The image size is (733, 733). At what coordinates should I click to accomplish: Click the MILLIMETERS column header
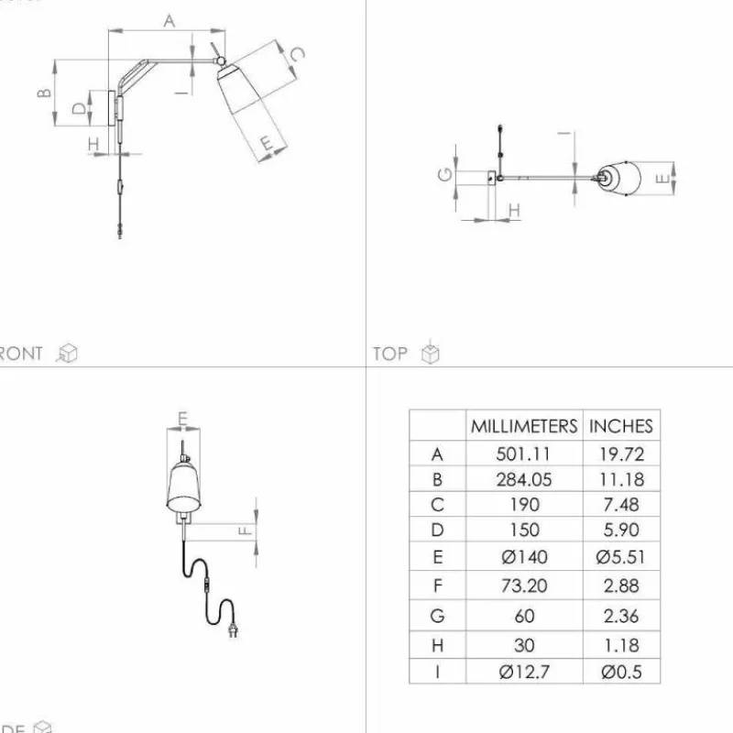[x=524, y=426]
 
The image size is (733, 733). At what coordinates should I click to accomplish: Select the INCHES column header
[x=620, y=426]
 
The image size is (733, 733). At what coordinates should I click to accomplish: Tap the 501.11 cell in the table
[x=524, y=454]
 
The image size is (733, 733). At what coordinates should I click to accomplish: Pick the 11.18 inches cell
[x=620, y=479]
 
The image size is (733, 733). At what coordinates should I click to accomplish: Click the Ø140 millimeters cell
[x=524, y=556]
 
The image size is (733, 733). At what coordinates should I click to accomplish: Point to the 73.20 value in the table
[x=524, y=585]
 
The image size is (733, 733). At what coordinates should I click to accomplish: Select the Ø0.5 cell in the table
[x=620, y=672]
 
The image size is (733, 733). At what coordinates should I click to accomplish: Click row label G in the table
[x=437, y=616]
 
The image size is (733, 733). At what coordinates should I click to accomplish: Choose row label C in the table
[x=437, y=504]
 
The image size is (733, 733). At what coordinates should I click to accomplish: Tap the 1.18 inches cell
[x=620, y=645]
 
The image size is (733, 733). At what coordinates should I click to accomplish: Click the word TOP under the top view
[x=390, y=354]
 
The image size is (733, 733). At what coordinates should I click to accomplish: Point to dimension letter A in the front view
[x=170, y=21]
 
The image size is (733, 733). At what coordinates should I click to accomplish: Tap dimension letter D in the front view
[x=80, y=108]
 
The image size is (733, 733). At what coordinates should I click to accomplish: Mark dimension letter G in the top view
[x=444, y=174]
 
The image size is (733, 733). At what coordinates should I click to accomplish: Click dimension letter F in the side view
[x=245, y=530]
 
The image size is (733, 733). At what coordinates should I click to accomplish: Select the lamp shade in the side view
[x=183, y=487]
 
